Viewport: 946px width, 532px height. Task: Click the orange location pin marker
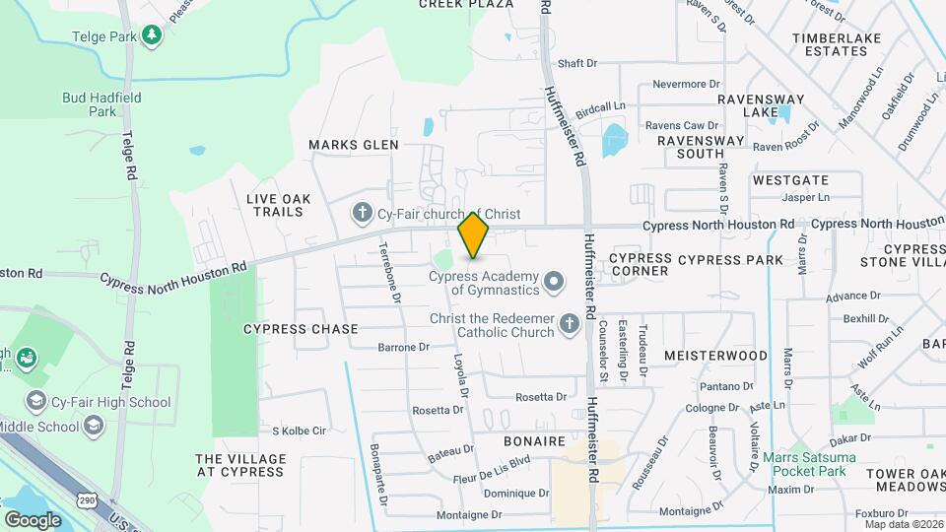[x=473, y=234]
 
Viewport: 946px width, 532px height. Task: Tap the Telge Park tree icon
[x=151, y=36]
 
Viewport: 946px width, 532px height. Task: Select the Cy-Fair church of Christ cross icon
[x=362, y=213]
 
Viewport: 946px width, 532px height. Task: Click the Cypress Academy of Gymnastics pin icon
[x=554, y=283]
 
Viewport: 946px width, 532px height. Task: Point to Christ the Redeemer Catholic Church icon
[x=569, y=324]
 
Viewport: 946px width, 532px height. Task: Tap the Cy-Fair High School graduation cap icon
[x=36, y=401]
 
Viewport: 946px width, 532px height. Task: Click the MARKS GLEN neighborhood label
[x=353, y=145]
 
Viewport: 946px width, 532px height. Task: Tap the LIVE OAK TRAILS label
[x=279, y=205]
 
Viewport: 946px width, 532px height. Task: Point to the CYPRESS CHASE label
[x=286, y=328]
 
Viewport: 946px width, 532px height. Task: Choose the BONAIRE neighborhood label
[x=534, y=441]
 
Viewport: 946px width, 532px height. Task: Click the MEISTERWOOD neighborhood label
[x=715, y=355]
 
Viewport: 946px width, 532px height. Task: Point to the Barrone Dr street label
[x=404, y=347]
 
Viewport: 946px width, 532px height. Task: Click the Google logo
[x=33, y=519]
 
